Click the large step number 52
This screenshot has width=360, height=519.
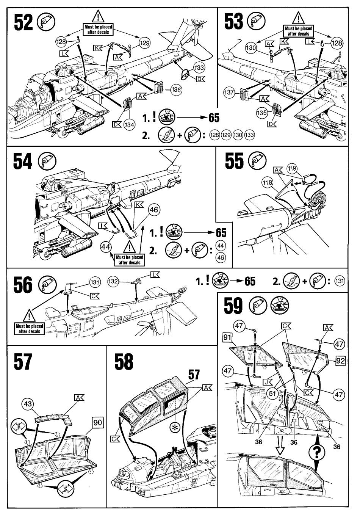(23, 22)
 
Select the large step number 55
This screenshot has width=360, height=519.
(234, 160)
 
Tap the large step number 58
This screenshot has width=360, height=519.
(124, 361)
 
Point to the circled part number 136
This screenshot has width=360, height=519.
(176, 90)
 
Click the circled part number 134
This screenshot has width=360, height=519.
(129, 125)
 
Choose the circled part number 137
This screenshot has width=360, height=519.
(229, 92)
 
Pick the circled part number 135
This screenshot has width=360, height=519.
(262, 113)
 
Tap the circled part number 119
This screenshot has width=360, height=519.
(292, 168)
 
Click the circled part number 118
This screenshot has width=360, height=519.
(268, 183)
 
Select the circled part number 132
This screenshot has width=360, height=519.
(113, 281)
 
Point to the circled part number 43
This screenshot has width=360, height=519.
(28, 404)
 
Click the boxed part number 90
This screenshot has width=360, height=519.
(97, 422)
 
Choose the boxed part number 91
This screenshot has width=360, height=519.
(227, 337)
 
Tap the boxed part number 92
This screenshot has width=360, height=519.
(340, 361)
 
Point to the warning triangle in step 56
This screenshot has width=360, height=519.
(30, 315)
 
